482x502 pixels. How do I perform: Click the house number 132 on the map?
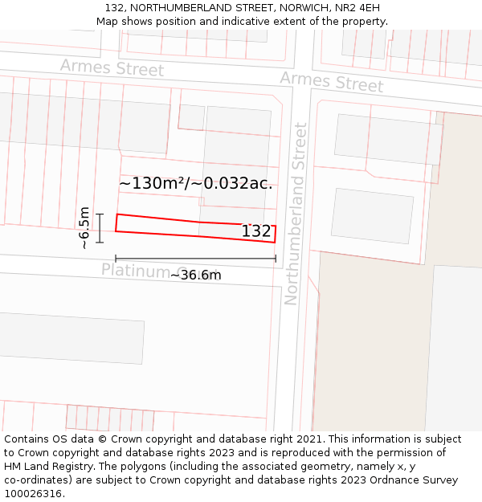pyautogui.click(x=256, y=231)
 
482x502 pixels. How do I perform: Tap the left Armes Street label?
pyautogui.click(x=112, y=67)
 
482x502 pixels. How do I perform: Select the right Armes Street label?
pyautogui.click(x=331, y=81)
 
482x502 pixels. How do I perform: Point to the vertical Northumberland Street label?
pyautogui.click(x=296, y=214)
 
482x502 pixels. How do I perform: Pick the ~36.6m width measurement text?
pyautogui.click(x=195, y=275)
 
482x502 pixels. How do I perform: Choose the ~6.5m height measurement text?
pyautogui.click(x=84, y=227)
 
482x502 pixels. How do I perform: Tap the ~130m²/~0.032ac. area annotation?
pyautogui.click(x=195, y=183)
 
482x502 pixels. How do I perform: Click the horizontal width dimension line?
pyautogui.click(x=195, y=259)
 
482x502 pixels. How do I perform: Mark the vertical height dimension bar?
pyautogui.click(x=100, y=228)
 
